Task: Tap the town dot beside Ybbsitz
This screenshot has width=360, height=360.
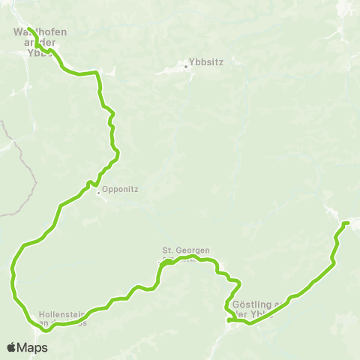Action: pos(187,68)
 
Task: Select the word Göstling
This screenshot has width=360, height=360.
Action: pos(250,304)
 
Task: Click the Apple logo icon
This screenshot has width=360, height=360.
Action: pos(12,347)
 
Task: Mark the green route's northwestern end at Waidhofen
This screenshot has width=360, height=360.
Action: pos(28,29)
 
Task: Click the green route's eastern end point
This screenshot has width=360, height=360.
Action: pos(347,223)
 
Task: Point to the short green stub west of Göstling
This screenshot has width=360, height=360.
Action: pos(232,321)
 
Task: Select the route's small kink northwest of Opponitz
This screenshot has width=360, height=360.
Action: pos(90,183)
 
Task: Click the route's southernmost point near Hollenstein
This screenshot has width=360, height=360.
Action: pos(46,329)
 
